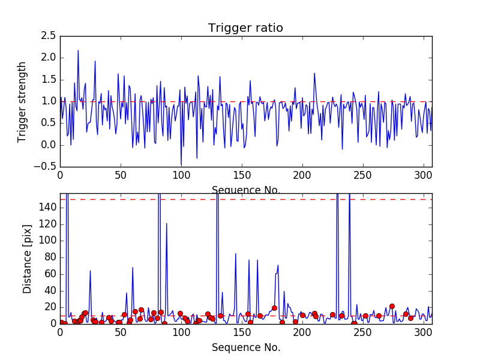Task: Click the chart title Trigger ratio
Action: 245,28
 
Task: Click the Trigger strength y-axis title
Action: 22,102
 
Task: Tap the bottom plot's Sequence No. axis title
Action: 245,347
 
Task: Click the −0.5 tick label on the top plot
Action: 47,167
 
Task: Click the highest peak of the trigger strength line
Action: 78,50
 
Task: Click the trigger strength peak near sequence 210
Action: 314,73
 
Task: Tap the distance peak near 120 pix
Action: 166,224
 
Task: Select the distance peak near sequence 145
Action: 236,254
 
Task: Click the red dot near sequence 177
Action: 274,308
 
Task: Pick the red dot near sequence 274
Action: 392,306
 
